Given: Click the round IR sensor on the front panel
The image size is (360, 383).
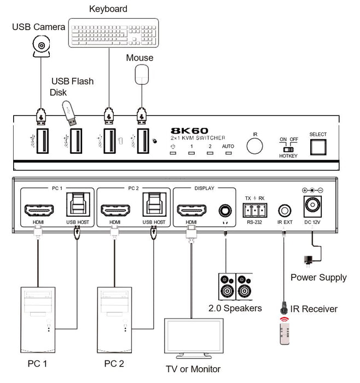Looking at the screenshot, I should (254, 146).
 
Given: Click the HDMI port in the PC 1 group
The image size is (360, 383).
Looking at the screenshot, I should (38, 211).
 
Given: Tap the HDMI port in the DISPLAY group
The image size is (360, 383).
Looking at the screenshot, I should (191, 211).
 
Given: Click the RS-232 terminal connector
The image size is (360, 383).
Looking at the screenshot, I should (255, 210).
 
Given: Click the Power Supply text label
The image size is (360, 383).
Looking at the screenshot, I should (318, 277).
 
